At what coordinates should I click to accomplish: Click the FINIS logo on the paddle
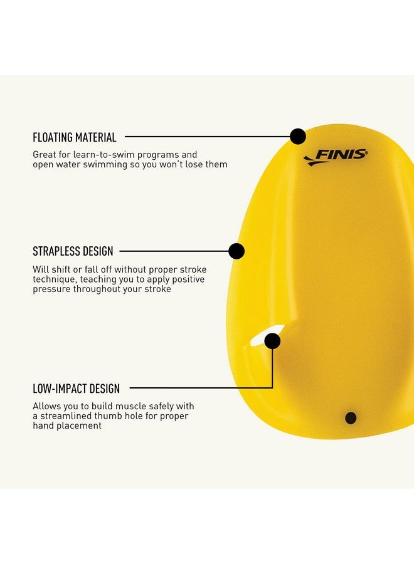click(x=336, y=157)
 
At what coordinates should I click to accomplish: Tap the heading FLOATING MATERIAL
click(x=75, y=137)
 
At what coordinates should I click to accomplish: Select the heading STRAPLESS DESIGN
click(x=73, y=251)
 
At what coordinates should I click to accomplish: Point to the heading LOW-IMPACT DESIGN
click(x=77, y=389)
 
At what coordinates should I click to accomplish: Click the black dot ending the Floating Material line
click(x=298, y=137)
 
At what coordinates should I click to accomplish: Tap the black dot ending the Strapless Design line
click(x=236, y=251)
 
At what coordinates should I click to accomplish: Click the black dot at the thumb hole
click(x=272, y=341)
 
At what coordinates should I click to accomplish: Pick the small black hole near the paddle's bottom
click(x=351, y=418)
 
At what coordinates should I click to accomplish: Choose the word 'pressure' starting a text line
click(x=51, y=289)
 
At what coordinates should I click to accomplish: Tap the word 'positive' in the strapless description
click(x=188, y=279)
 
